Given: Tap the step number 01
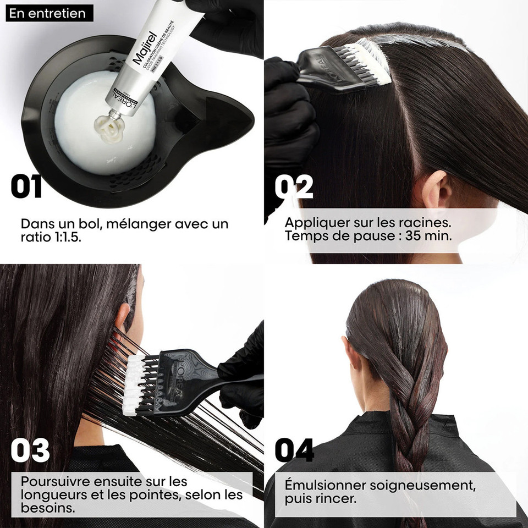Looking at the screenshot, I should tap(26, 187).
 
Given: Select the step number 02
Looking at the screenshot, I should tap(294, 187).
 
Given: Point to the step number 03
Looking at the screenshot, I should tap(30, 450).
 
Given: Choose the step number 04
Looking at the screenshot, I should tap(294, 450).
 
